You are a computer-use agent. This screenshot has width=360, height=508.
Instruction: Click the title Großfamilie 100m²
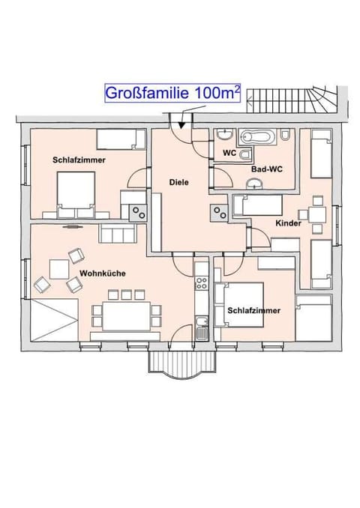[x=172, y=93]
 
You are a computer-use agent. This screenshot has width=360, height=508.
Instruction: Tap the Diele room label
[x=178, y=182]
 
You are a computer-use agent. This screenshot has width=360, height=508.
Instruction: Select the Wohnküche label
[x=103, y=273]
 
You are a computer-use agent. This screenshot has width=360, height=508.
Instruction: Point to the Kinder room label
[x=288, y=223]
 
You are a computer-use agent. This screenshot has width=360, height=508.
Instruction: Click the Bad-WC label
[x=267, y=169]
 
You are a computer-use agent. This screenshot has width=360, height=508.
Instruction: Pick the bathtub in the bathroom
[x=257, y=137]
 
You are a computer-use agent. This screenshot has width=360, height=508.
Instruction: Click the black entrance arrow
[x=181, y=124]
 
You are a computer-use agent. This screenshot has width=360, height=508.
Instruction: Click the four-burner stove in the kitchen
[x=202, y=282]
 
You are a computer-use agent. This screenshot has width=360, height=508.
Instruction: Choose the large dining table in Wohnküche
[x=127, y=316]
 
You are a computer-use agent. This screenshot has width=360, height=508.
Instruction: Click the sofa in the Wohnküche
[x=117, y=233]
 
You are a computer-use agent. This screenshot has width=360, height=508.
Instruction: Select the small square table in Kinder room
[x=317, y=214]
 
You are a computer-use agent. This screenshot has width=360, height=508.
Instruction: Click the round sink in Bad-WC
[x=256, y=184]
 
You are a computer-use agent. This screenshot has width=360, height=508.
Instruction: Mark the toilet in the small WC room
[x=245, y=154]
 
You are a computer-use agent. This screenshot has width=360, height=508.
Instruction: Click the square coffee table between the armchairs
[x=59, y=269]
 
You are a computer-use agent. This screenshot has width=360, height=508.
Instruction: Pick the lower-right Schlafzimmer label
[x=253, y=311]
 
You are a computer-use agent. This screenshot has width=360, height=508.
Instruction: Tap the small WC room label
[x=229, y=153]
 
